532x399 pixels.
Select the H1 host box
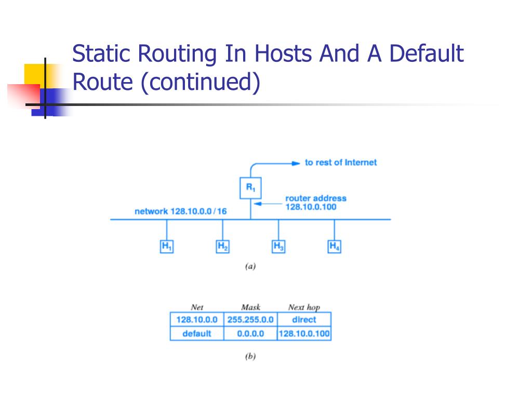[x=166, y=246]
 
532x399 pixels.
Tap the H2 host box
[x=222, y=246]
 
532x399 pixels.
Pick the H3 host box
[x=278, y=246]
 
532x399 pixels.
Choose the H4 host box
[x=335, y=246]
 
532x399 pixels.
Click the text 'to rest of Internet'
[x=340, y=163]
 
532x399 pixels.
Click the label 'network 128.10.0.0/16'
[x=180, y=211]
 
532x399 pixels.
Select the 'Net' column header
[x=197, y=307]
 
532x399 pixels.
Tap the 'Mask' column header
[x=250, y=307]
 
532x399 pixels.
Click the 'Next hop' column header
[x=304, y=307]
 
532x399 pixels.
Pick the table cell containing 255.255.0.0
[x=250, y=319]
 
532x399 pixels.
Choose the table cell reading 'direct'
[x=304, y=319]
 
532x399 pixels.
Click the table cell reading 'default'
[x=197, y=334]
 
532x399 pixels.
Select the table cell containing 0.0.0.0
[x=250, y=334]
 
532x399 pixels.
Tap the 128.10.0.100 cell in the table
[x=304, y=334]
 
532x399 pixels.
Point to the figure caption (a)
[x=250, y=267]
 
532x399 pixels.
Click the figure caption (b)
[x=250, y=357]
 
